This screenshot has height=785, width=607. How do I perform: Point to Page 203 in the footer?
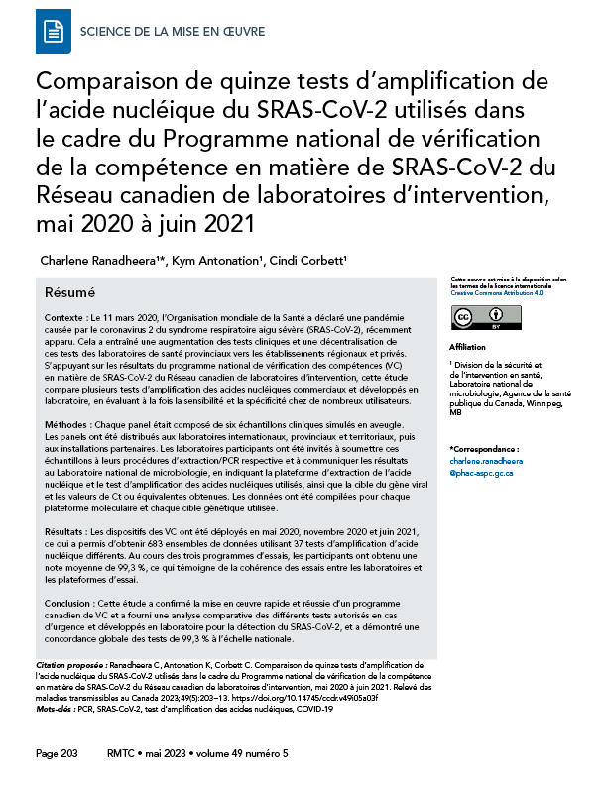58,754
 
